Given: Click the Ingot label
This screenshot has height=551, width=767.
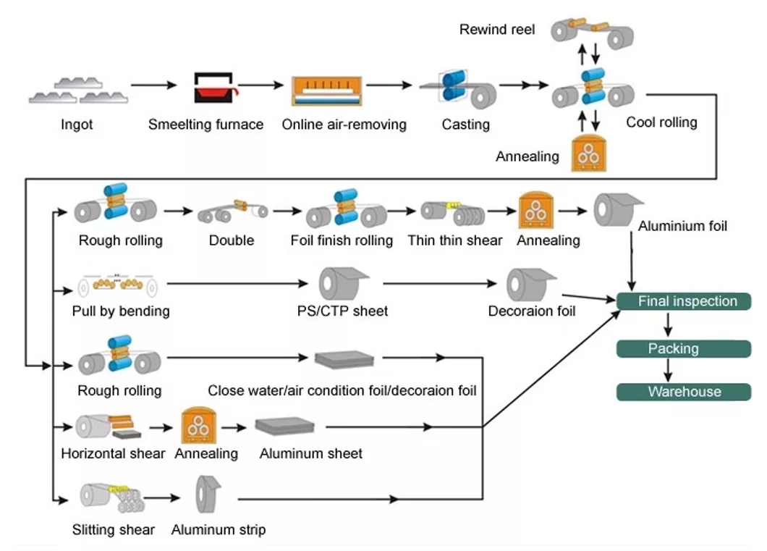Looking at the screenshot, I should (x=77, y=125).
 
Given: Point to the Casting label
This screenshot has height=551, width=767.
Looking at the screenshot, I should (x=465, y=125).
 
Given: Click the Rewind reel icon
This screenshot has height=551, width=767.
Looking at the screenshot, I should (x=592, y=31).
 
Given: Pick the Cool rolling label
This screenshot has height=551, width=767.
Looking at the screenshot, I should (x=661, y=122).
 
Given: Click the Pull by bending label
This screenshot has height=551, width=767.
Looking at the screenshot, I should (x=121, y=311).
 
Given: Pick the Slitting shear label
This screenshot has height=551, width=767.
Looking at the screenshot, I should (x=114, y=529).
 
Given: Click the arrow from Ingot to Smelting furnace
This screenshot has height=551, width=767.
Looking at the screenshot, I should (x=155, y=85).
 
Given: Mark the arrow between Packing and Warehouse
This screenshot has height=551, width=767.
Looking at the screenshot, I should (x=668, y=370).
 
